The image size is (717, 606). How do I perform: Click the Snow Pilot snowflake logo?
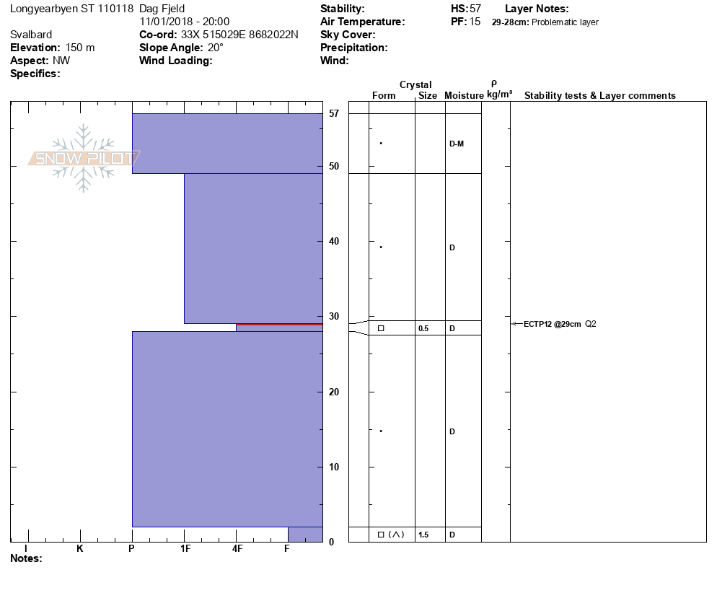[84, 158]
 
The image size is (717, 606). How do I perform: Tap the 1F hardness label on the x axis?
[185, 549]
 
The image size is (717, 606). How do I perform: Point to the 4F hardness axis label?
[237, 549]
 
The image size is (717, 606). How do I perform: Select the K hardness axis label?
[80, 549]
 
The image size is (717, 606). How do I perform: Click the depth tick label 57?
[334, 114]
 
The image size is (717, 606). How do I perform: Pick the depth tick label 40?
[334, 242]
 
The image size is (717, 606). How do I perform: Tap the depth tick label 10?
[334, 467]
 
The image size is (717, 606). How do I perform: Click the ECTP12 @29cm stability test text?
[552, 324]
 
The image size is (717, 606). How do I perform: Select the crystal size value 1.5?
[423, 535]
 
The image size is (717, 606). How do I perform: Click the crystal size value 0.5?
[423, 328]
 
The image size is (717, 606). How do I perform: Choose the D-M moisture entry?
[456, 144]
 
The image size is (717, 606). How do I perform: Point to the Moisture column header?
[464, 96]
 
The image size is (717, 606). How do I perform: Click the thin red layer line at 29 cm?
[278, 325]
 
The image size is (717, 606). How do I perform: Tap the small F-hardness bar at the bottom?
[305, 535]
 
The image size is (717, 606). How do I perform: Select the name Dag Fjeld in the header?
[162, 9]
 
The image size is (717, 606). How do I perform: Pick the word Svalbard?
[31, 35]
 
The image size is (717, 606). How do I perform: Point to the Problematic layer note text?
[565, 22]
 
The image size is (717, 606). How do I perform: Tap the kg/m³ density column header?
[499, 95]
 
